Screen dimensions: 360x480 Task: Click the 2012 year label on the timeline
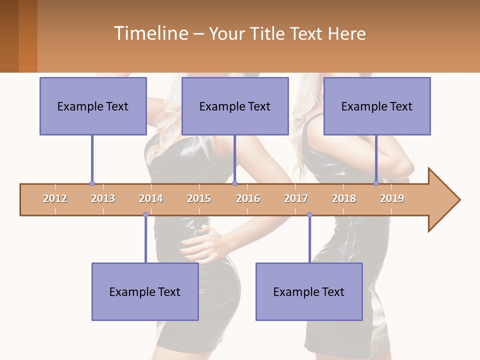coord(55,198)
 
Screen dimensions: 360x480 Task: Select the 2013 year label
coord(103,198)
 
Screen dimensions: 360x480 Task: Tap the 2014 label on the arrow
coord(151,198)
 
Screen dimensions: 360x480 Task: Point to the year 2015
coord(199,198)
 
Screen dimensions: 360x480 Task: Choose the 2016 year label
coord(248,198)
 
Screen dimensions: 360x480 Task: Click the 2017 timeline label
coord(296,198)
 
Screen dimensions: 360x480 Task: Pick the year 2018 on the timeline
coord(344,198)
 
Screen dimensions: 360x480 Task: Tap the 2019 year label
coord(392,198)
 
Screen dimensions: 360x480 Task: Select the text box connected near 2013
coord(93,106)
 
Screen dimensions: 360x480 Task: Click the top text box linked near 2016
coord(235,106)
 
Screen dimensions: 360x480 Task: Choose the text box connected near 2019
coord(377,106)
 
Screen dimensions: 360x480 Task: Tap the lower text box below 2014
coord(145,291)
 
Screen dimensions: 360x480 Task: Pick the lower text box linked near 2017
coord(309,291)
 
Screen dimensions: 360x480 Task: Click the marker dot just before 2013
coord(92,183)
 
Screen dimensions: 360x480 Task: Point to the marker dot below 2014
coord(145,215)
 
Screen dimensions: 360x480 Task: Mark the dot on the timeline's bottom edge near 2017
coord(309,215)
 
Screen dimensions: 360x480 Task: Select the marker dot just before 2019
coord(376,183)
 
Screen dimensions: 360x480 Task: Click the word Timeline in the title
coord(150,33)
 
